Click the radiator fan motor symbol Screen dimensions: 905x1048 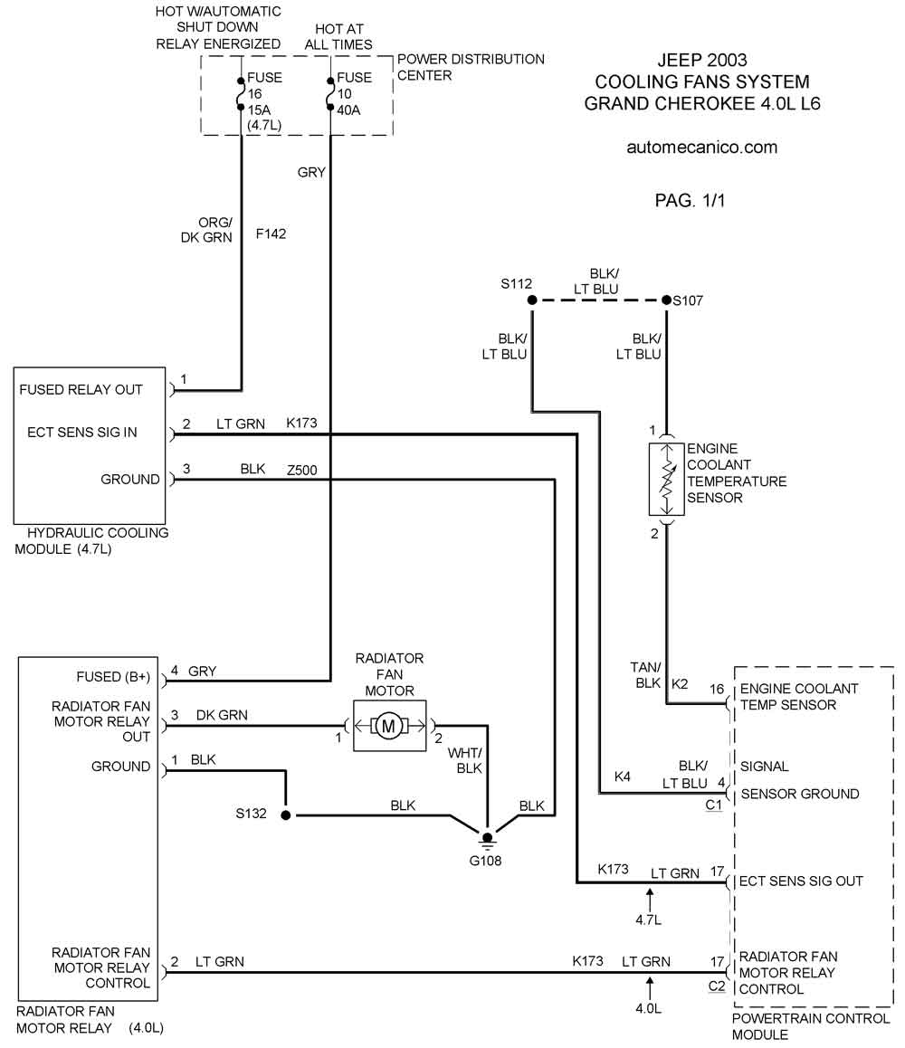point(389,725)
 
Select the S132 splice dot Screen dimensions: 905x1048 point(285,815)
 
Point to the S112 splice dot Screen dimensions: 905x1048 point(532,300)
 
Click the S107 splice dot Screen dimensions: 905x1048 point(666,300)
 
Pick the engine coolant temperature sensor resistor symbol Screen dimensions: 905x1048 point(666,479)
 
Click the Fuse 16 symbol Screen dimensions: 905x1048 point(241,93)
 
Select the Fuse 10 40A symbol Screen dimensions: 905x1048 point(330,93)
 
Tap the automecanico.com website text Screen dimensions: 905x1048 point(701,148)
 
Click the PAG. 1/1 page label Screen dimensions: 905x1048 point(690,201)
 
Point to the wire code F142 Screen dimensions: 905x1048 point(271,233)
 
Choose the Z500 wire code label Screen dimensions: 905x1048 point(302,470)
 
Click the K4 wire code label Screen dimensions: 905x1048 point(623,776)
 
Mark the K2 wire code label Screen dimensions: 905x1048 point(680,684)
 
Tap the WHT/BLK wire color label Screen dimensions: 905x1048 point(465,760)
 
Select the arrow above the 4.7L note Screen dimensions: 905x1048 point(649,899)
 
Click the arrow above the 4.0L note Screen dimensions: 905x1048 point(649,988)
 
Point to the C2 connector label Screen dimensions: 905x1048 point(717,986)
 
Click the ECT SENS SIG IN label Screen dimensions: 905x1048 point(82,433)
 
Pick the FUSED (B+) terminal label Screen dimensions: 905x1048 point(113,677)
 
